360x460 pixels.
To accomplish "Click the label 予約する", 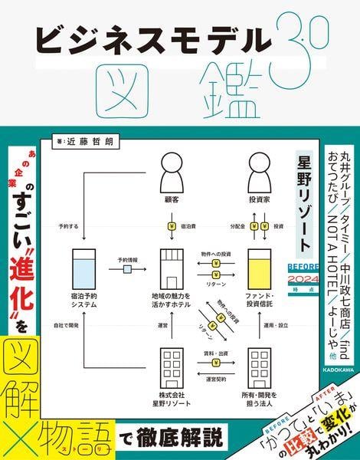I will coord(70,227).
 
